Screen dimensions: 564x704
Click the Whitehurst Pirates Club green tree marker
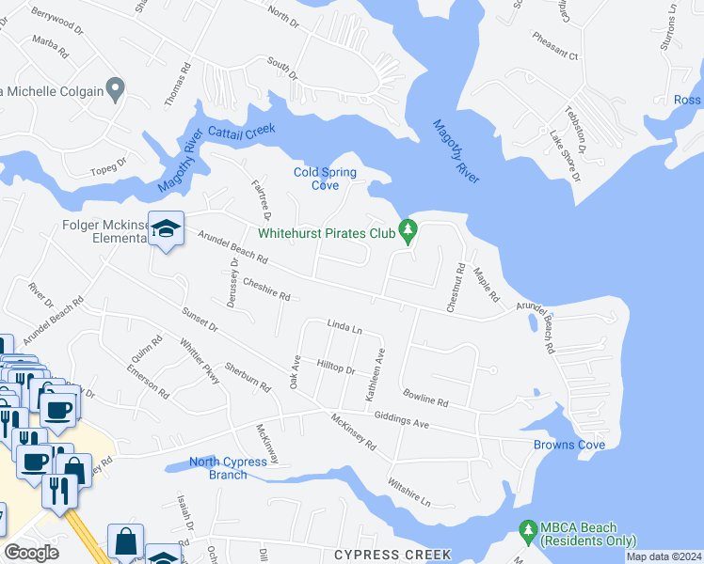click(408, 229)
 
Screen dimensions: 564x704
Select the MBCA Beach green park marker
click(527, 532)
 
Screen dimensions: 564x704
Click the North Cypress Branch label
click(217, 467)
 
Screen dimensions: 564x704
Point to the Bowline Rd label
click(425, 397)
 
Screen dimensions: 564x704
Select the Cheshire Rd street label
click(265, 289)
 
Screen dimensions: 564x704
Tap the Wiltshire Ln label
click(409, 490)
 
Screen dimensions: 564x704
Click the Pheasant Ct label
click(556, 55)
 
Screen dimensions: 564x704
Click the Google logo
click(32, 553)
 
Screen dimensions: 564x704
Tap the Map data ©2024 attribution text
click(664, 556)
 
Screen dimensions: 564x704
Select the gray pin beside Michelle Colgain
click(116, 90)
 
